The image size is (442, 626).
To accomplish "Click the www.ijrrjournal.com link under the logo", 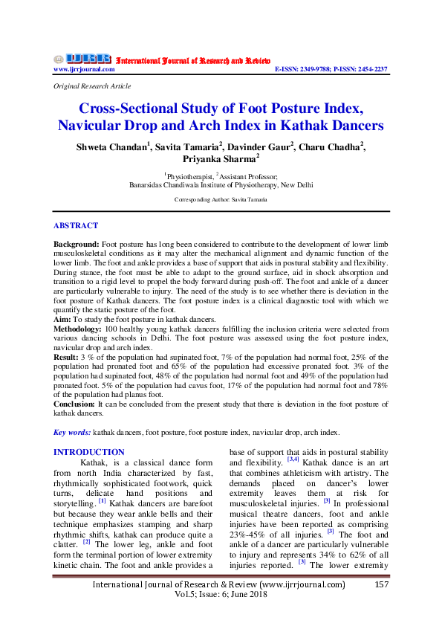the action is click(x=83, y=69).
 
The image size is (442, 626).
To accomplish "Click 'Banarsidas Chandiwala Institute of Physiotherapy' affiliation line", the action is click(x=221, y=186).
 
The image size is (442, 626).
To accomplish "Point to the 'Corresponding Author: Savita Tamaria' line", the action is click(x=221, y=200).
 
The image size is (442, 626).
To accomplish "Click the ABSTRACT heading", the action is click(x=75, y=225).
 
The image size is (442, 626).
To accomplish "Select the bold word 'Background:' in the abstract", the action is click(x=76, y=245).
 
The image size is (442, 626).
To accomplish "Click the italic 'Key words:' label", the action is click(x=72, y=432).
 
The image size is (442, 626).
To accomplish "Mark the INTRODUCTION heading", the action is click(x=88, y=452).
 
